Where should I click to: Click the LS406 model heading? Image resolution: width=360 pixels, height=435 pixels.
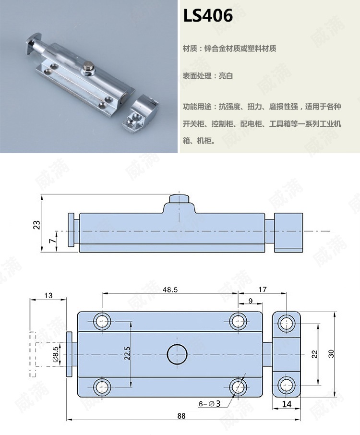(x=208, y=16)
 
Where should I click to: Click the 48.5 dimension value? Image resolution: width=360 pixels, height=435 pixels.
(x=170, y=290)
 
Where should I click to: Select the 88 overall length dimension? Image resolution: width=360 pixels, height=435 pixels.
(x=181, y=416)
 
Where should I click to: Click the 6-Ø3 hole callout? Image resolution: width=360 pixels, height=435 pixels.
(x=210, y=404)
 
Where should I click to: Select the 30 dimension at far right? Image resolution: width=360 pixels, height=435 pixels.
(x=331, y=353)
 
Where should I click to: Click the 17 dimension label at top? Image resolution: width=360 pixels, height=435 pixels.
(x=263, y=290)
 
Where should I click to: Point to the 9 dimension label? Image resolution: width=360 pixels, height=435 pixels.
(x=251, y=301)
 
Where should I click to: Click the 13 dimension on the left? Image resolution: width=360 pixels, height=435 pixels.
(x=48, y=296)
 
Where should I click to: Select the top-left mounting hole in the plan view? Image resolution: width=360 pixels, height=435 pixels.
(x=102, y=321)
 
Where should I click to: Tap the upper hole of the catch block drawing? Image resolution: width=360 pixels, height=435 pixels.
(x=287, y=322)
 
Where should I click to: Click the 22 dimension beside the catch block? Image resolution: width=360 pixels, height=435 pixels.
(x=314, y=354)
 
